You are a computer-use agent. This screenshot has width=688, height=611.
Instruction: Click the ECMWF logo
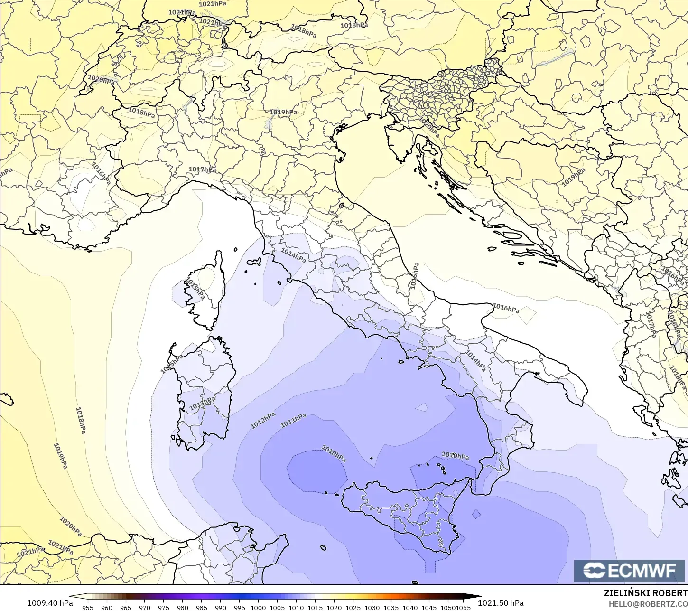pyautogui.click(x=630, y=571)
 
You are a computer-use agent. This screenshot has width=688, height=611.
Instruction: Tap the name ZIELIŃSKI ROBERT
pyautogui.click(x=645, y=593)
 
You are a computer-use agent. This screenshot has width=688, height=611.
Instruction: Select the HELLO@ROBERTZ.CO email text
pyautogui.click(x=648, y=604)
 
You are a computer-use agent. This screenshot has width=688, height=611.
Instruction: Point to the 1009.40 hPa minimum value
pyautogui.click(x=50, y=603)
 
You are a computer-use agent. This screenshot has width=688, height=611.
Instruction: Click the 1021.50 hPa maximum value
pyautogui.click(x=501, y=603)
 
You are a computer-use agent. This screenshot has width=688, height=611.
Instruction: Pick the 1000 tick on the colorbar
pyautogui.click(x=258, y=607)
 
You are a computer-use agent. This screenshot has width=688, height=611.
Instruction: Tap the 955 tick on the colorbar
pyautogui.click(x=88, y=607)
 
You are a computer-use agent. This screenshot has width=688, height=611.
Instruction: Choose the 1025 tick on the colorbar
pyautogui.click(x=353, y=607)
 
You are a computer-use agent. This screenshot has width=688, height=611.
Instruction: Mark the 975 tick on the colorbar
pyautogui.click(x=164, y=607)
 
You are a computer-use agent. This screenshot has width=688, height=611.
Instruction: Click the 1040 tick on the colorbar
pyautogui.click(x=410, y=607)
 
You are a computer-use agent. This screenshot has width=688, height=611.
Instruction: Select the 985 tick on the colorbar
pyautogui.click(x=202, y=607)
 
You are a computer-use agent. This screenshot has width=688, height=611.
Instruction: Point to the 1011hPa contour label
pyautogui.click(x=293, y=421)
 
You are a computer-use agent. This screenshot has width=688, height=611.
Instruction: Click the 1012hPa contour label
pyautogui.click(x=263, y=420)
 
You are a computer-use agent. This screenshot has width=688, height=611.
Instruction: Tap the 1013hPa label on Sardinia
pyautogui.click(x=202, y=404)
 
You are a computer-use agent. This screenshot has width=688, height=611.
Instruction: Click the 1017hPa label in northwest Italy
pyautogui.click(x=202, y=169)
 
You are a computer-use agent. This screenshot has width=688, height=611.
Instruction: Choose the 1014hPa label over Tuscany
pyautogui.click(x=293, y=255)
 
